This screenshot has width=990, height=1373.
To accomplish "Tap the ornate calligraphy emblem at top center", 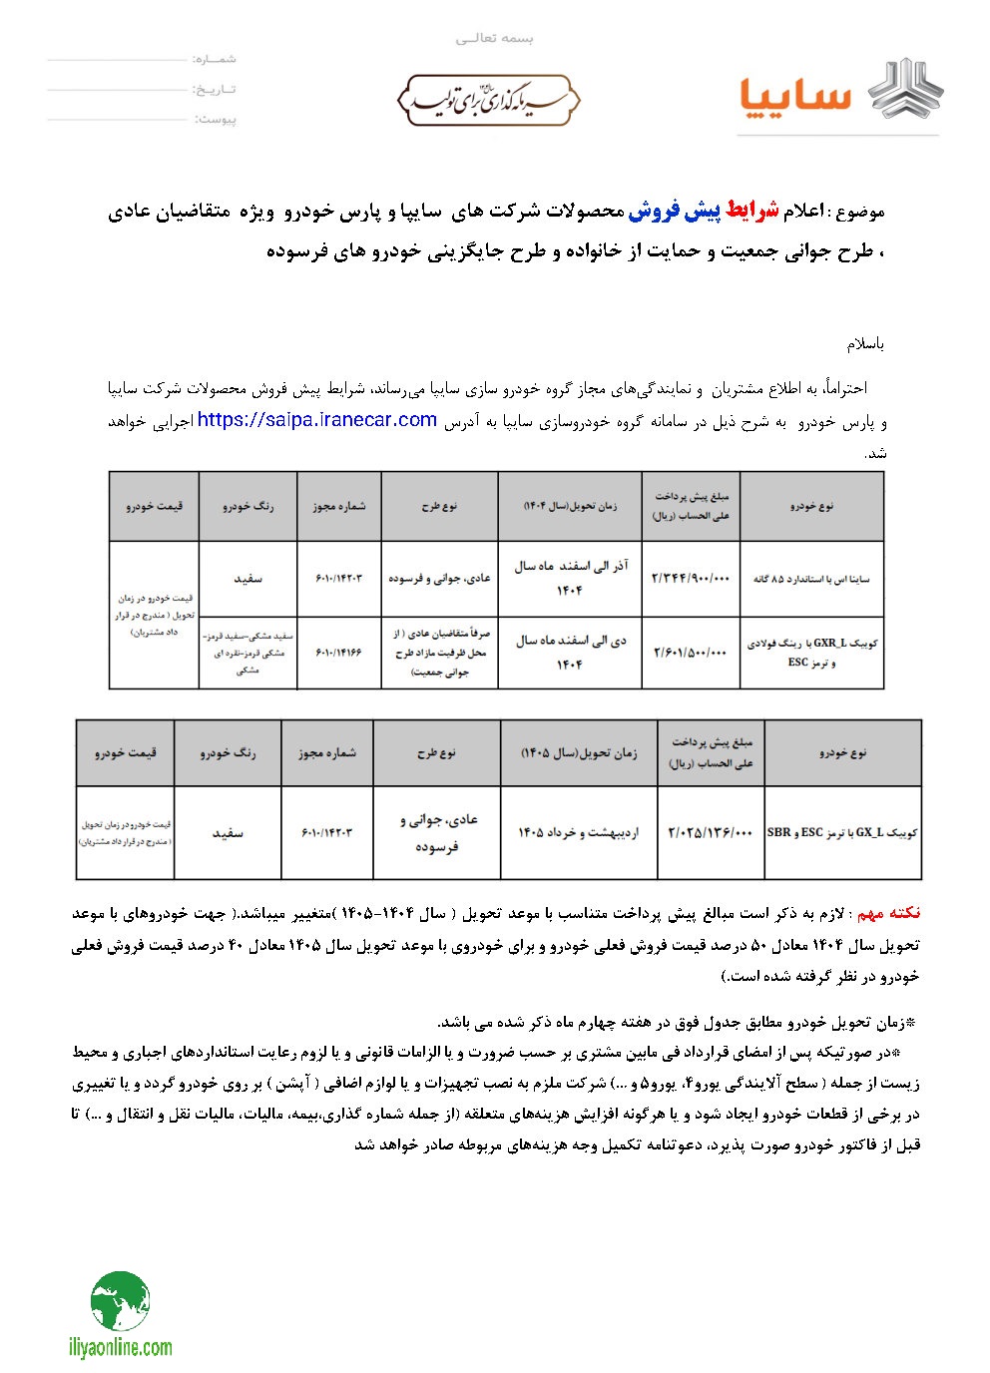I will coord(489,101).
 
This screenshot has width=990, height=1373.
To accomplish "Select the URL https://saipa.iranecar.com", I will coord(317,420).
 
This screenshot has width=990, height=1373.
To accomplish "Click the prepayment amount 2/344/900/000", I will coord(691,579).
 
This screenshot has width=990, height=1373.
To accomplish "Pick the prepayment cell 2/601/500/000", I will coord(691,653).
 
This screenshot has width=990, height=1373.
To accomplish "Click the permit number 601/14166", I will coord(339,653).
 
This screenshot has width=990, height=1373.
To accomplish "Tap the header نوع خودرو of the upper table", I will coord(811,506).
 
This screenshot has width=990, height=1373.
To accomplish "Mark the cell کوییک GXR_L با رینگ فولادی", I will coord(811,653).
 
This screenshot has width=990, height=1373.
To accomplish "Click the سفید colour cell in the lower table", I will coord(228,832).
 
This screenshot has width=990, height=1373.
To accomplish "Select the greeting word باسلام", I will coord(865,345).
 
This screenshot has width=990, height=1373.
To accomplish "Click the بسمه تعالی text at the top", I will coord(495,38).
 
